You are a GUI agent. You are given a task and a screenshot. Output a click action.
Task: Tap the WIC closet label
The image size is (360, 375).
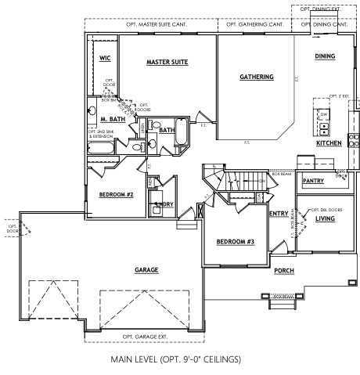pyautogui.click(x=105, y=58)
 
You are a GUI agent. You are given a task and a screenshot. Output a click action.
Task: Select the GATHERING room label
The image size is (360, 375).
pyautogui.click(x=257, y=77)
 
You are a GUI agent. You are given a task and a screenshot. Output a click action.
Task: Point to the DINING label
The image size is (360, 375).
pyautogui.click(x=325, y=56)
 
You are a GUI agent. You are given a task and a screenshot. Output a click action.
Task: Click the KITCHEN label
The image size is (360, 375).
pyautogui.click(x=329, y=144)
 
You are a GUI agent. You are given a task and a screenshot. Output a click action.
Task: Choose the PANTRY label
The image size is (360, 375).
pyautogui.click(x=313, y=181)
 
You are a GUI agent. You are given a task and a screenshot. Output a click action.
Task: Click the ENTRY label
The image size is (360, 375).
pyautogui.click(x=279, y=213)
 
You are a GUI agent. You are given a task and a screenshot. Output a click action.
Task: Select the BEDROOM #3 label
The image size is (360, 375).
pyautogui.click(x=236, y=241)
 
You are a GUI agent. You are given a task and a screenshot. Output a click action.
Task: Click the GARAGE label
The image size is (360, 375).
pyautogui.click(x=146, y=269)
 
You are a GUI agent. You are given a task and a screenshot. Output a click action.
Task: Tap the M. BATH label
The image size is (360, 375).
pyautogui.click(x=103, y=118)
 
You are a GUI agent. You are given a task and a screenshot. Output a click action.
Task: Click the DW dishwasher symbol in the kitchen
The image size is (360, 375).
pyautogui.click(x=323, y=114)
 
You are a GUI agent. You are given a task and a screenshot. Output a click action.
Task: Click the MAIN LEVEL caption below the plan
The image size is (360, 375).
pyautogui.click(x=180, y=361)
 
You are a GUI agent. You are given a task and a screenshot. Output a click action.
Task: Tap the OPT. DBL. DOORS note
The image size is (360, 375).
pyautogui.click(x=329, y=209)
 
